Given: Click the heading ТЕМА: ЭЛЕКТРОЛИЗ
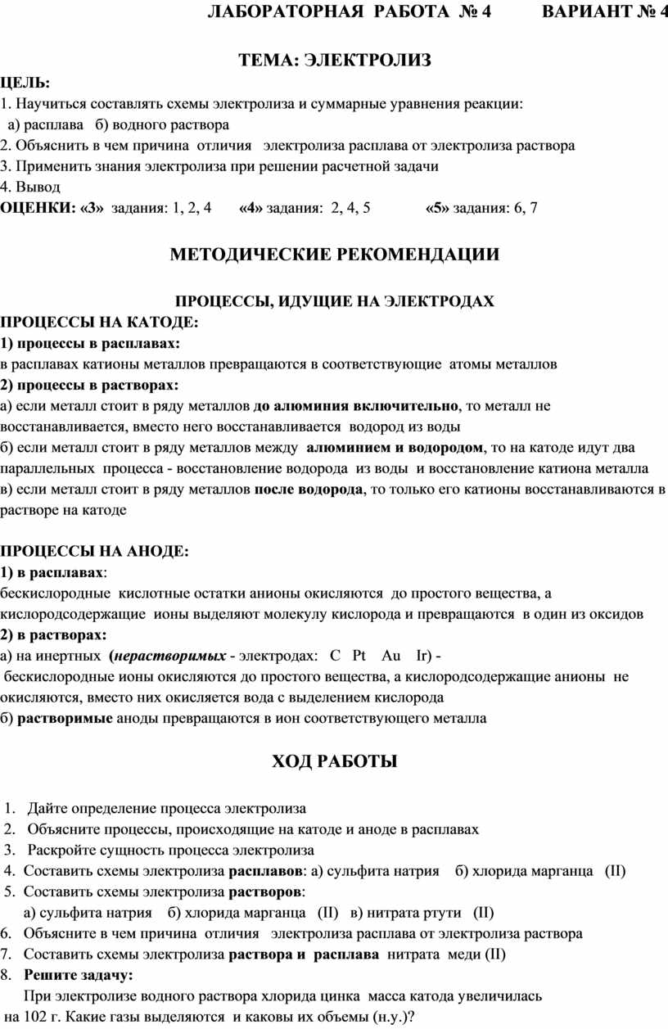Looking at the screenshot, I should (x=334, y=60).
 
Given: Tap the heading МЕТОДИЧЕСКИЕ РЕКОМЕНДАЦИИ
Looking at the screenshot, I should (x=334, y=255).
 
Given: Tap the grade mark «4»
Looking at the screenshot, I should (x=250, y=208).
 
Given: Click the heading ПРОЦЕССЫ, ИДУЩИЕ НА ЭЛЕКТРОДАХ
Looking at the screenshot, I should (x=334, y=301).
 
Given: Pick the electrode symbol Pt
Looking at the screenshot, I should (x=359, y=656).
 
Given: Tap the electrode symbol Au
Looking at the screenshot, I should (x=391, y=656).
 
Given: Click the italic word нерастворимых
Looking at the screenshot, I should (x=170, y=656).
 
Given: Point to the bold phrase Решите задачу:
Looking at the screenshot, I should (x=79, y=974).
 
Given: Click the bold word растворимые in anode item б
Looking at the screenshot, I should (x=65, y=718).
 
